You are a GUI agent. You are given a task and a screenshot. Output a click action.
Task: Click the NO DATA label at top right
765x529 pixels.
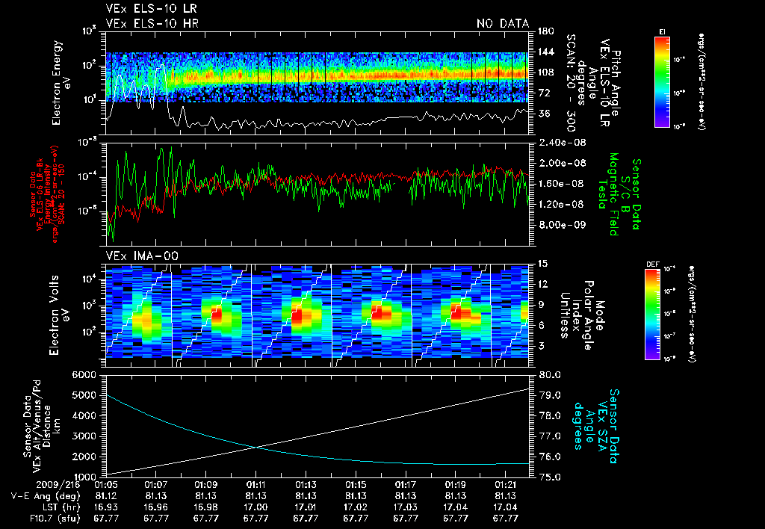point(503,24)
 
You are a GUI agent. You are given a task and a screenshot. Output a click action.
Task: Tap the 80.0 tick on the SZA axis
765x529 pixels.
point(551,374)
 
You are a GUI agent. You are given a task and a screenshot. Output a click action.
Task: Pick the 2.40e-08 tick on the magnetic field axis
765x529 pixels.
point(561,142)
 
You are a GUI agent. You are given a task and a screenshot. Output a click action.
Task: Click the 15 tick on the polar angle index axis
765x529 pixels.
point(543,263)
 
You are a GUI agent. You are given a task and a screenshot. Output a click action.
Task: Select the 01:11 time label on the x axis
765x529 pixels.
point(256,485)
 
